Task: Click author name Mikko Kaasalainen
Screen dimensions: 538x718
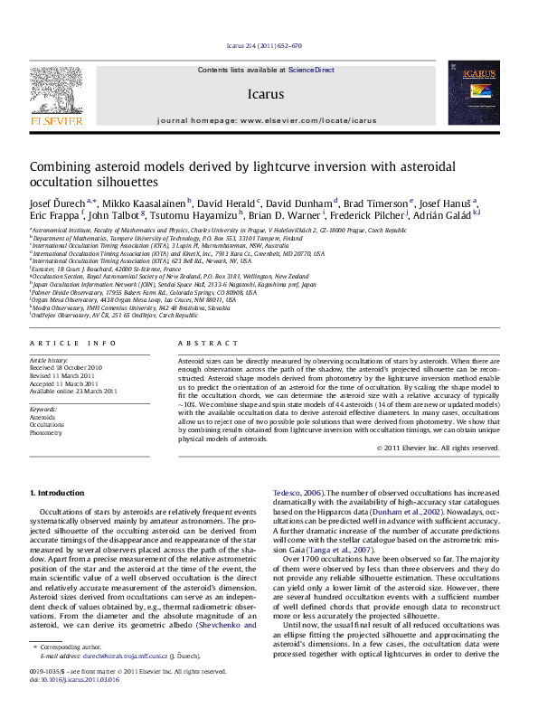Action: pyautogui.click(x=144, y=203)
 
